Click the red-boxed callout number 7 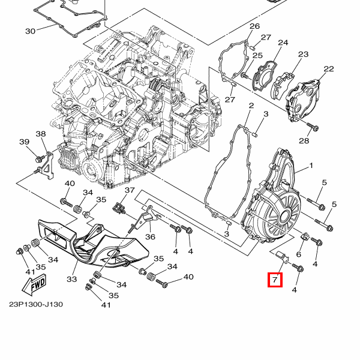click(275, 280)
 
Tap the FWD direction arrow click(34, 284)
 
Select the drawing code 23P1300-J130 click(36, 304)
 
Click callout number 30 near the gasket click(31, 31)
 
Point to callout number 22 click(329, 68)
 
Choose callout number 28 click(304, 140)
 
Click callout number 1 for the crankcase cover click(311, 166)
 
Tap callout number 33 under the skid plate click(72, 279)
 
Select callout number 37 click(130, 190)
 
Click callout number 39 click(25, 142)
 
